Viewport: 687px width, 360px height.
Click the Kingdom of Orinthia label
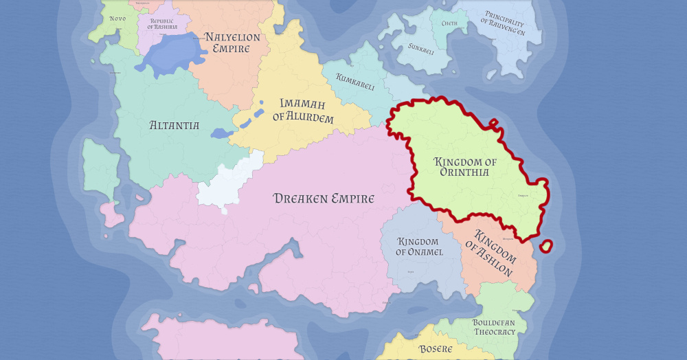coord(465,167)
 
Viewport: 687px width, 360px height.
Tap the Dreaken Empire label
coord(324,199)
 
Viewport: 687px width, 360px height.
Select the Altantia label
coord(174,126)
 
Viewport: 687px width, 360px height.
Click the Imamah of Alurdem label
coord(303,111)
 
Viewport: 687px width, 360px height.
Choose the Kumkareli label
coord(354,82)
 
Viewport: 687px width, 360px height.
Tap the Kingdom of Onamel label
coord(419,247)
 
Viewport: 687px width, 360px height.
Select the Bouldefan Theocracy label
coord(493,327)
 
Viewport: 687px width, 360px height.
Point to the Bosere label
coord(436,349)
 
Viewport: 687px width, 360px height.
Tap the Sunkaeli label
coord(421,49)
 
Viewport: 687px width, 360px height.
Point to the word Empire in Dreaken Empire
coord(350,199)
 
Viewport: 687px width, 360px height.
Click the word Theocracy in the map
coord(494,332)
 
